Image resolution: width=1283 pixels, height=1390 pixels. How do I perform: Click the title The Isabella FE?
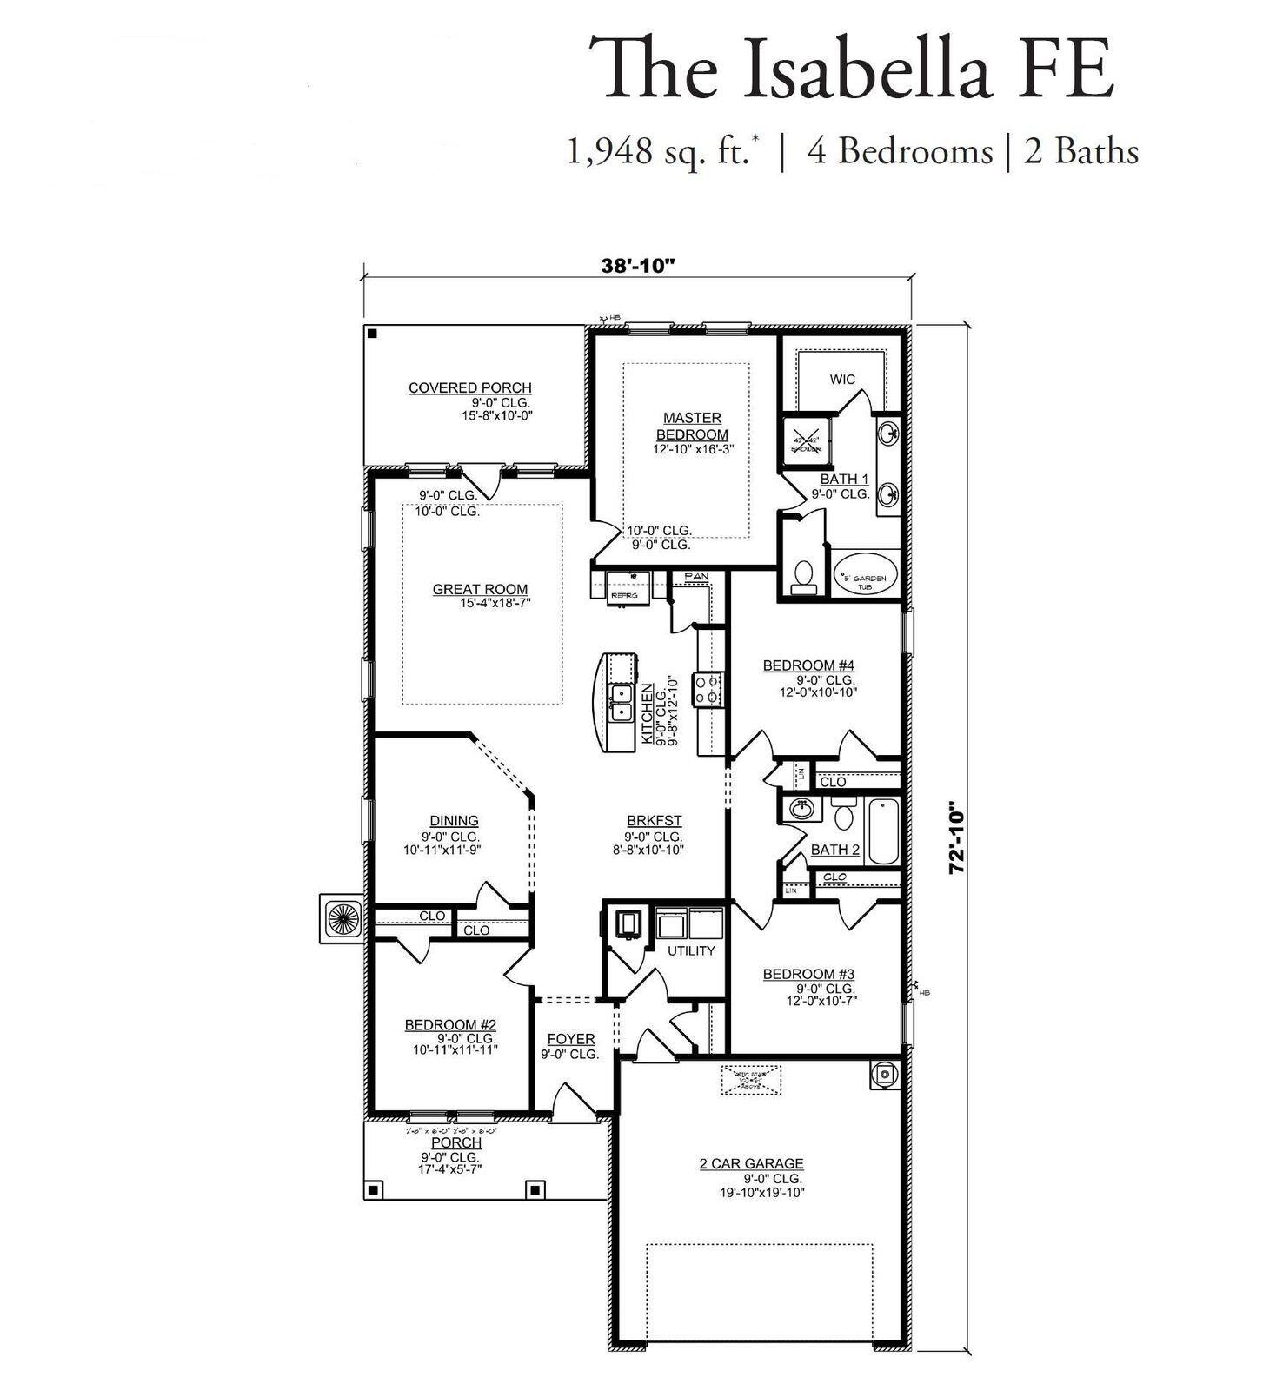(851, 69)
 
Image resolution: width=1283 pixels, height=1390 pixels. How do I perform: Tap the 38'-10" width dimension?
(638, 266)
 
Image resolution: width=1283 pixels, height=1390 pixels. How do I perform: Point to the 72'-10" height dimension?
(958, 837)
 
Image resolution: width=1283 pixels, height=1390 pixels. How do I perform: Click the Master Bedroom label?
(692, 427)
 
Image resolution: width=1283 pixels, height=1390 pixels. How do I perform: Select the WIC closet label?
(841, 380)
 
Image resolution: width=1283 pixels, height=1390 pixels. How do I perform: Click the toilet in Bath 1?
(804, 576)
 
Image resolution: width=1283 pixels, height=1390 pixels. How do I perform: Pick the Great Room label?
(480, 589)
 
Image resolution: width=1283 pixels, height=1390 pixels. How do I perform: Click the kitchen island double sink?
(621, 702)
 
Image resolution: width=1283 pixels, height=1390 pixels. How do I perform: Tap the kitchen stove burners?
(706, 689)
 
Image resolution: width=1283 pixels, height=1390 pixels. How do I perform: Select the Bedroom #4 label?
(808, 665)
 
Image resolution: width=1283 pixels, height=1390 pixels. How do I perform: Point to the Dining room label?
(454, 820)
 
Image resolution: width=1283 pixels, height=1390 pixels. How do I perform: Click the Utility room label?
(691, 950)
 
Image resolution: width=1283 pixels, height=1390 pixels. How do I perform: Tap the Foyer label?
(571, 1039)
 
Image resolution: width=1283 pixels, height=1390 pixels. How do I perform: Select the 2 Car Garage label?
(751, 1163)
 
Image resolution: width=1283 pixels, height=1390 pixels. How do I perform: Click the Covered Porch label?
(470, 387)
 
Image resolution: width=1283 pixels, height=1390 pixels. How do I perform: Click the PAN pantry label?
(695, 577)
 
